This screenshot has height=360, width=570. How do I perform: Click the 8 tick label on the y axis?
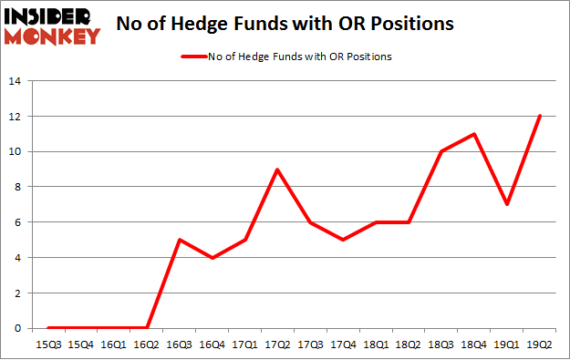pos(17,187)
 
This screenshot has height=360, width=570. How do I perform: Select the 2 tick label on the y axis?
pos(17,293)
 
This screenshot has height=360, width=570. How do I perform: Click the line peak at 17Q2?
pos(275,170)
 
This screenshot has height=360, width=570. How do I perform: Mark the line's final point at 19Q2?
pos(540,116)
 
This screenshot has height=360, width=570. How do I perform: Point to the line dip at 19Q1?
pos(507,204)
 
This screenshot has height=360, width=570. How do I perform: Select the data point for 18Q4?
pos(474,134)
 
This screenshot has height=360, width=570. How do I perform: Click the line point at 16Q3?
pos(181,240)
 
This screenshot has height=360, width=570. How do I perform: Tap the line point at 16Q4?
pos(212,258)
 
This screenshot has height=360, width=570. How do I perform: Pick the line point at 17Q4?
pos(342,240)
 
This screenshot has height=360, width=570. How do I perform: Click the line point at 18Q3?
pos(440,151)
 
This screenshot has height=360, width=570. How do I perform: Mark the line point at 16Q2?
pos(147,328)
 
